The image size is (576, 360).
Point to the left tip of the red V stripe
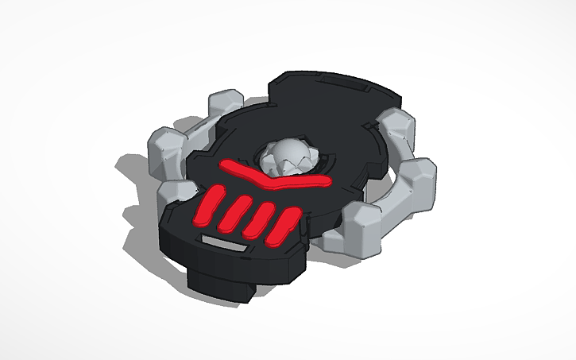[226, 165]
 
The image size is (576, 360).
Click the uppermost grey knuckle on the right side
[394, 124]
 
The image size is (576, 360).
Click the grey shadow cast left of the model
[131, 171]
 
